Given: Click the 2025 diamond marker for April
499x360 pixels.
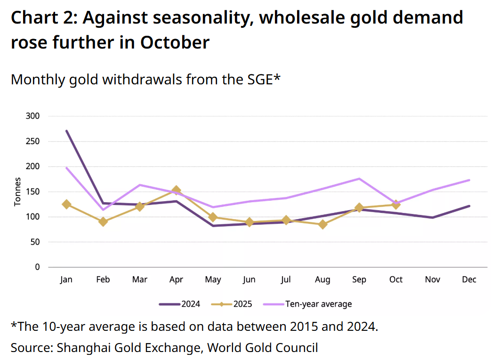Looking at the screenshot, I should [x=176, y=190].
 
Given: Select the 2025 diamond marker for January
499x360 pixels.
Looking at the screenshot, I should [x=66, y=205].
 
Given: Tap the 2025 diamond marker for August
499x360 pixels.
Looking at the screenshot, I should [x=322, y=224].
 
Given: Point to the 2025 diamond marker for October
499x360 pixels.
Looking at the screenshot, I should [x=396, y=205].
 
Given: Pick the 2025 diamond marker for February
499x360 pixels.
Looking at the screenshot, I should [x=103, y=221].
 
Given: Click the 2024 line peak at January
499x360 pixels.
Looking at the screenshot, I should [x=66, y=131].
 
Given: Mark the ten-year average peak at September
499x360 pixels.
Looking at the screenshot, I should [x=359, y=179].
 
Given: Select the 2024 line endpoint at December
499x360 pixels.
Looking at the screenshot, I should [x=469, y=206].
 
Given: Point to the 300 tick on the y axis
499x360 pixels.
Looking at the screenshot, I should [x=33, y=116].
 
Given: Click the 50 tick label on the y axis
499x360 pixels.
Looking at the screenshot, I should [x=35, y=242].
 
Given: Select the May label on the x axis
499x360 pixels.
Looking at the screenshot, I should [x=213, y=280].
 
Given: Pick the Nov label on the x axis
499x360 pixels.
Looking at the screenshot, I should [x=433, y=280].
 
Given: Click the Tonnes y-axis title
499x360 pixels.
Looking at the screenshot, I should [x=17, y=191].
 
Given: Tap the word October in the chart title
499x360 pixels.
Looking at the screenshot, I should [x=174, y=42].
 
